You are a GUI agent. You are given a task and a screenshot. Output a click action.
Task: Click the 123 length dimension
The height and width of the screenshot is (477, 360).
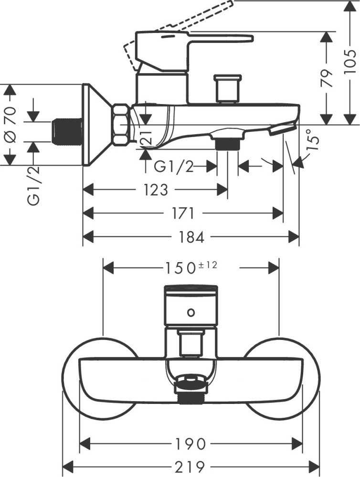[x=156, y=190]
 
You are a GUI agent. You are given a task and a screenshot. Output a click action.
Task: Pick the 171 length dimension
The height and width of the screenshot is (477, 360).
[x=183, y=213]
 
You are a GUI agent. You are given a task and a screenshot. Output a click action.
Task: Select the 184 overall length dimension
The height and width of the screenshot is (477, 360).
[x=191, y=236]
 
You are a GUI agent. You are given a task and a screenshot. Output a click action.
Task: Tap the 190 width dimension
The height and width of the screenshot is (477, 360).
[x=191, y=444]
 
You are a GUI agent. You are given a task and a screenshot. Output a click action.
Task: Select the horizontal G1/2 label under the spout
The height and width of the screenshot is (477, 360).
[x=174, y=167]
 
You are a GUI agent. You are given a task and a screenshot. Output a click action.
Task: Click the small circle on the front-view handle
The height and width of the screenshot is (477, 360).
[x=191, y=313]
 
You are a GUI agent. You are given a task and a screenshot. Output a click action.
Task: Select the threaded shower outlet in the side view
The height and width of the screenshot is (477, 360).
[x=227, y=144]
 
